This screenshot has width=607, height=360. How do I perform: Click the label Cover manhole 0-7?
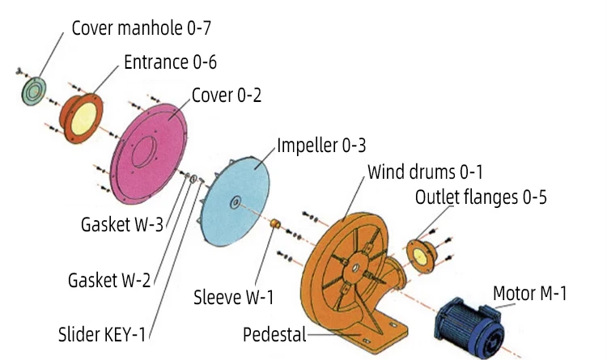142,28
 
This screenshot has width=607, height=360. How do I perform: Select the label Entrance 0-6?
170,61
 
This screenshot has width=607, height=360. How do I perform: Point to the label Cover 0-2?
227,95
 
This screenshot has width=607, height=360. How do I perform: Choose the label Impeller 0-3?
321,146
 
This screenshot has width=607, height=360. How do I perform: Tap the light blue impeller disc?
239,199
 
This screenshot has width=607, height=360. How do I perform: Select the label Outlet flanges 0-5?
481,197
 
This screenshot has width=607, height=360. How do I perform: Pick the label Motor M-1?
530,293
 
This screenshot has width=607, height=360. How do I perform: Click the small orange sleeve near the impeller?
274,222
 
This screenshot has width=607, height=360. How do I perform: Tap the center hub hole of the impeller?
234,201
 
